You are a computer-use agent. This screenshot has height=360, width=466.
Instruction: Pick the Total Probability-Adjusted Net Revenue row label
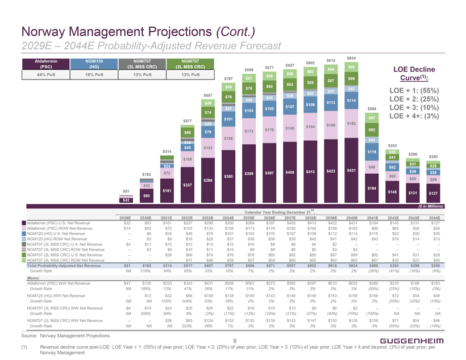(x=63, y=266)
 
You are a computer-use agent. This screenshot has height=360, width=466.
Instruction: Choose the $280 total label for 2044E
(x=434, y=157)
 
